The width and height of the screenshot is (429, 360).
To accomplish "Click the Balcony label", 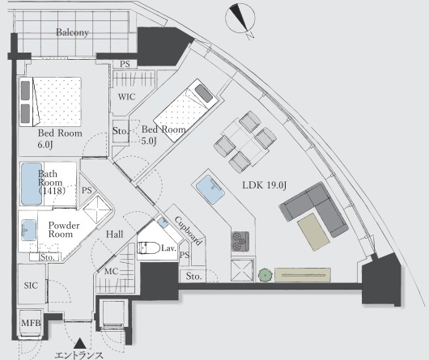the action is click(x=72, y=32).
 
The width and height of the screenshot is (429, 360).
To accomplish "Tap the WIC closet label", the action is click(x=126, y=96).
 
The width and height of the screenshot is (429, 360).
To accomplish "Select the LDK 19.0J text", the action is click(x=265, y=185).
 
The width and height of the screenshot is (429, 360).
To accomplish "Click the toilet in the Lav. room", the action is click(x=148, y=248).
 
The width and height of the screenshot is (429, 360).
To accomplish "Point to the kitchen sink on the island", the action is click(x=210, y=189).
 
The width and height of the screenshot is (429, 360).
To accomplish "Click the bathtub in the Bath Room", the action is click(x=32, y=184).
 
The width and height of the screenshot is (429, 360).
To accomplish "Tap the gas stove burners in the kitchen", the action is click(x=240, y=241).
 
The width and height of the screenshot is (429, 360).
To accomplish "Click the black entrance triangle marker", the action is click(x=80, y=344).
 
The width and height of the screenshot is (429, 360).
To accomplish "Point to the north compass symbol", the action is click(x=240, y=19).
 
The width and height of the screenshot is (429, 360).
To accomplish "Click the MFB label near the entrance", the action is click(x=31, y=323).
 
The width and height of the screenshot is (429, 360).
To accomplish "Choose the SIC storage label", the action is click(x=31, y=286).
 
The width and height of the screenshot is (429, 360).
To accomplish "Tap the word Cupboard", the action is click(x=189, y=231).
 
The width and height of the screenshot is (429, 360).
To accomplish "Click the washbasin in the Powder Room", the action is click(x=28, y=231).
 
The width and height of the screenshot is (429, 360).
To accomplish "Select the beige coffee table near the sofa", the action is click(x=313, y=232).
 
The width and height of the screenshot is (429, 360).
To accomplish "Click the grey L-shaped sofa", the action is click(x=315, y=209).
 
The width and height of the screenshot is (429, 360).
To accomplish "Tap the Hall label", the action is click(x=115, y=235).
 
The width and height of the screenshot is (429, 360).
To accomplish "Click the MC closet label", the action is click(x=112, y=272).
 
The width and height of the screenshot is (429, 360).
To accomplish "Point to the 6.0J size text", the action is click(x=45, y=145).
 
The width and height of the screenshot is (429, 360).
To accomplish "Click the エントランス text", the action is click(x=79, y=355).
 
